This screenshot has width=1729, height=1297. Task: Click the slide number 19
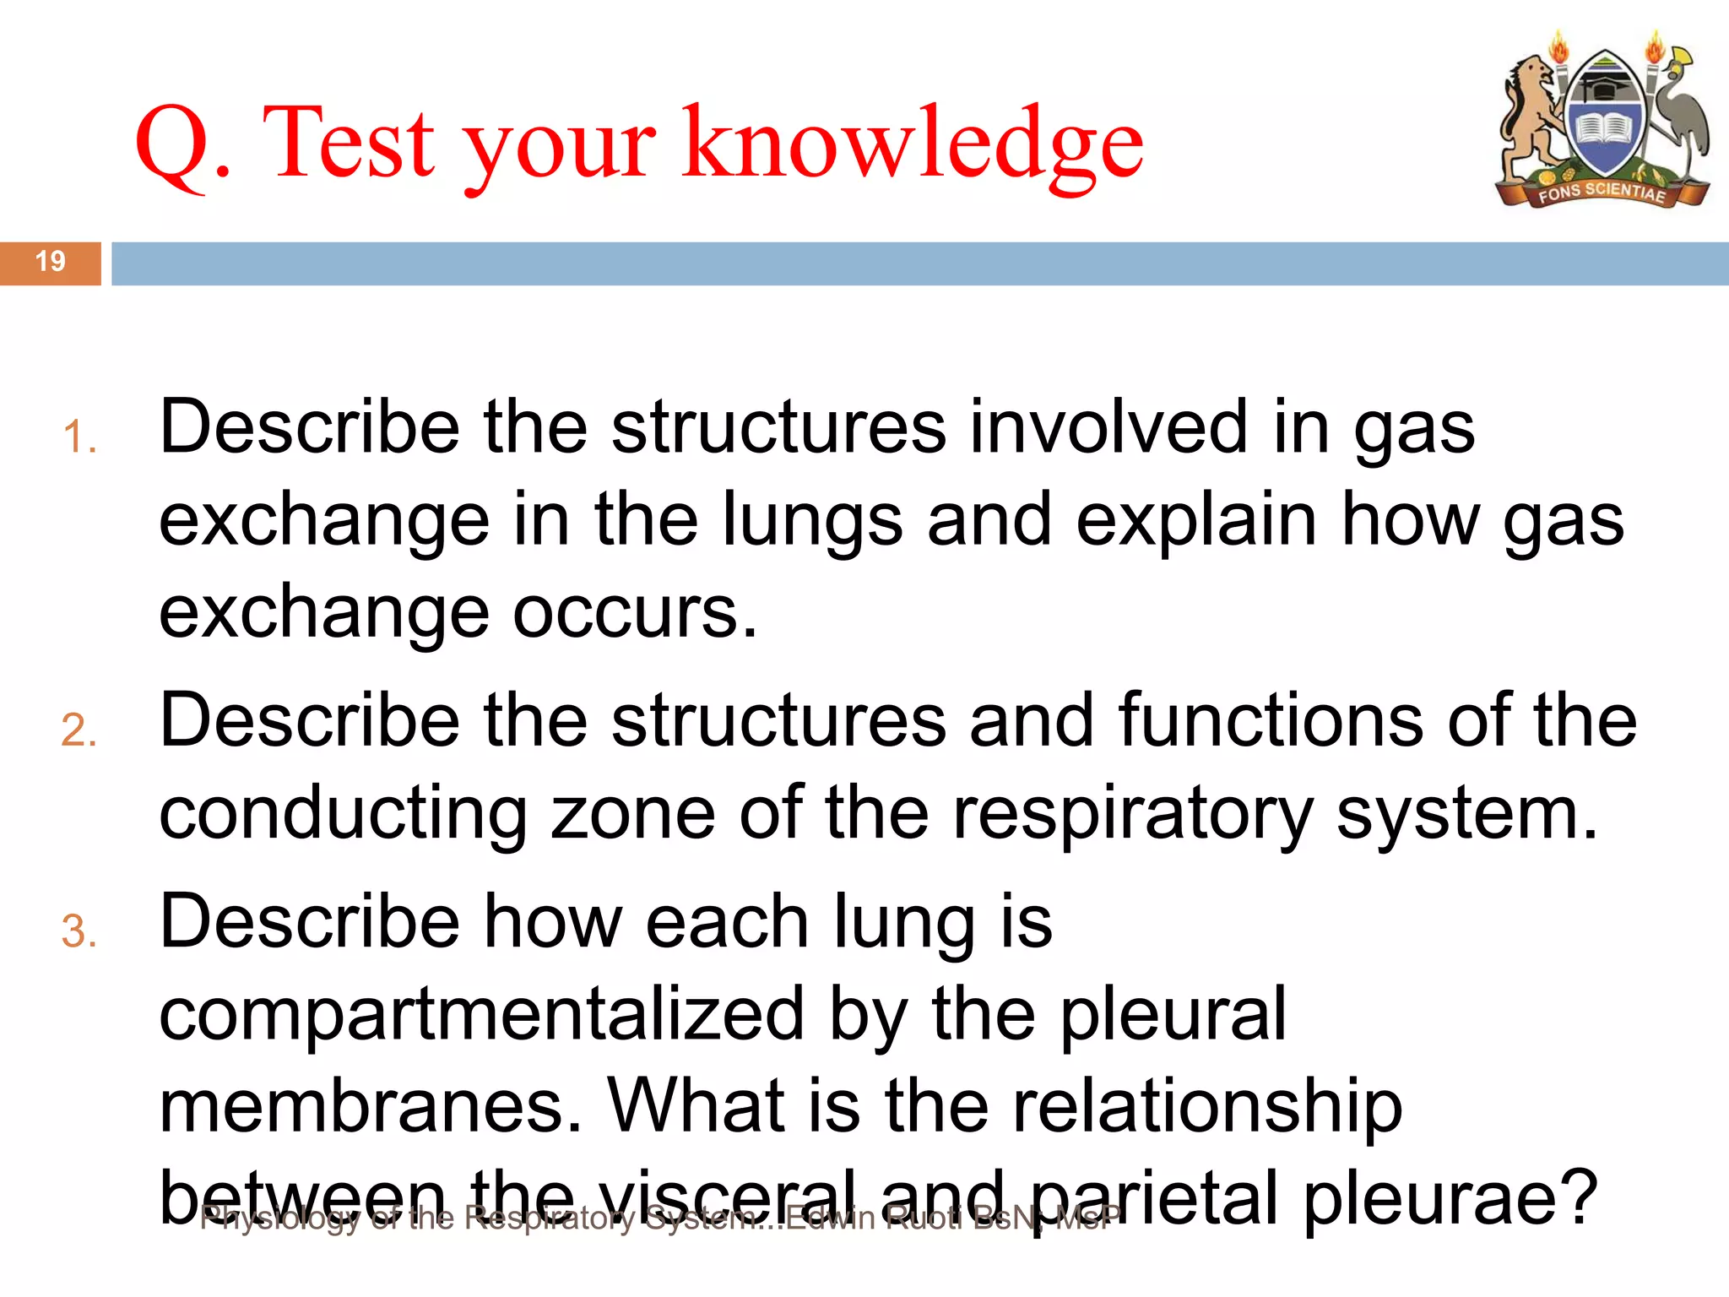(51, 261)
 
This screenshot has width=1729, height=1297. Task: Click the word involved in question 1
(1108, 427)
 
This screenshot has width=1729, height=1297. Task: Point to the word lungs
(812, 520)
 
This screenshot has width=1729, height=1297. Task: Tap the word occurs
(635, 612)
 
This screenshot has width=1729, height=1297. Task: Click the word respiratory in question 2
(1132, 815)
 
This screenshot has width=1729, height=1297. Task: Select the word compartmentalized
(481, 1015)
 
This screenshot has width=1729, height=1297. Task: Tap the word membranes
(371, 1107)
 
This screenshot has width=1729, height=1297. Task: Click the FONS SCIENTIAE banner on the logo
(1602, 193)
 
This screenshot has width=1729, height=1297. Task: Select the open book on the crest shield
(1603, 131)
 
